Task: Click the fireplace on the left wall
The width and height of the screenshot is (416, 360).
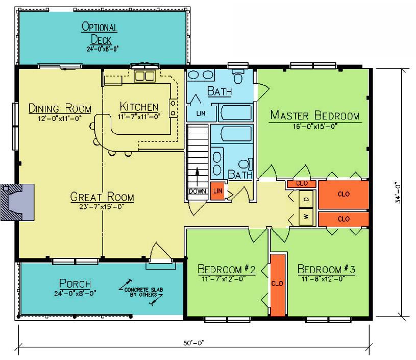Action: click(x=17, y=202)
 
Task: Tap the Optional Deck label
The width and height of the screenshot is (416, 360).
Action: click(x=100, y=34)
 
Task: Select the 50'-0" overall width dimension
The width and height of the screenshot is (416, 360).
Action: click(x=193, y=343)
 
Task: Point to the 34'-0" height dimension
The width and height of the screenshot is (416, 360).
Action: click(x=398, y=193)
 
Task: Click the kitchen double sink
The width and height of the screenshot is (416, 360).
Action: click(x=144, y=76)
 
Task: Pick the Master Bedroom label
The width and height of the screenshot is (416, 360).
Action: click(x=315, y=115)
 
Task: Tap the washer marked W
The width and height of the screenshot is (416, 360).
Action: click(x=306, y=217)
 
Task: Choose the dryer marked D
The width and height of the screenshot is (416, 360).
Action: click(x=306, y=199)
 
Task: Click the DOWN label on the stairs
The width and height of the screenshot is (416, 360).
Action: click(x=198, y=191)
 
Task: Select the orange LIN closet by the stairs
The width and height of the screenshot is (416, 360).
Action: click(x=217, y=191)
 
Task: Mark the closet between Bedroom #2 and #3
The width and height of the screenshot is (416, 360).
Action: click(x=278, y=284)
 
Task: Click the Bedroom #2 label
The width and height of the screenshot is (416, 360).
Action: click(x=227, y=269)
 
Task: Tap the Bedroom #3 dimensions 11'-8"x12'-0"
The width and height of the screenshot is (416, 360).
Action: click(x=324, y=279)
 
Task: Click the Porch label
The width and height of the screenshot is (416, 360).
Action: click(x=75, y=283)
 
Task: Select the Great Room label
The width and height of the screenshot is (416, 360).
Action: click(x=102, y=197)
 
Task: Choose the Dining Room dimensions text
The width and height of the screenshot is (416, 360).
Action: click(x=60, y=118)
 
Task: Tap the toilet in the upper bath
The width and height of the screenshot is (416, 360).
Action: click(x=238, y=76)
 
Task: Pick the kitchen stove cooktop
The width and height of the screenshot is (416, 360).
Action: click(x=173, y=108)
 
